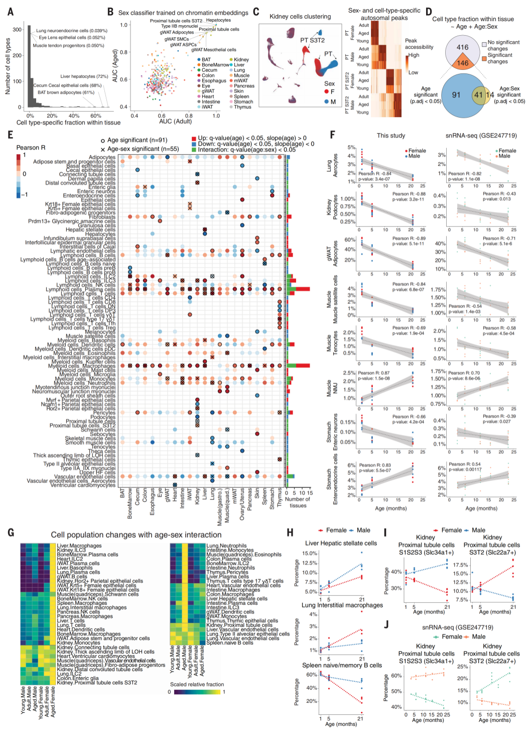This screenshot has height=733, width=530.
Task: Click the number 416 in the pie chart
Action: coord(462,47)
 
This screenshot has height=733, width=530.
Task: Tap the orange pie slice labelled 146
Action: coord(462,63)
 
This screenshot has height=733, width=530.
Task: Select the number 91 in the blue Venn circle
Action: coord(456,94)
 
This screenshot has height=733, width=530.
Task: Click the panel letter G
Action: coord(11,533)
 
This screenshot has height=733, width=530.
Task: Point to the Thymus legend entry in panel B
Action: coord(242,107)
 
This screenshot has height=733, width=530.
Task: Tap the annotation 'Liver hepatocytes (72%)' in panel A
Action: coord(84,76)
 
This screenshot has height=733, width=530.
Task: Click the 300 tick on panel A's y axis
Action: coord(17,30)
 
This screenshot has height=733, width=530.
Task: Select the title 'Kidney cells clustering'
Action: coord(300,17)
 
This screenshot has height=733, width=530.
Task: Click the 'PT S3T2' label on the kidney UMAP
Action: coord(312,40)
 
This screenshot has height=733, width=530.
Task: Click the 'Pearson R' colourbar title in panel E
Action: coord(31,148)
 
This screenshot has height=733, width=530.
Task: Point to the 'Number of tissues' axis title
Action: coord(298,502)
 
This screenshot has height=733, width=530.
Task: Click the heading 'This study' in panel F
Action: coord(391,135)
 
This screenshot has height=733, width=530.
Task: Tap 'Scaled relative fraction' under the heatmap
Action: coord(197,684)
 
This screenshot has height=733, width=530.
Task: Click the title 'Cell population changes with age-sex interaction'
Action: coord(136,535)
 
